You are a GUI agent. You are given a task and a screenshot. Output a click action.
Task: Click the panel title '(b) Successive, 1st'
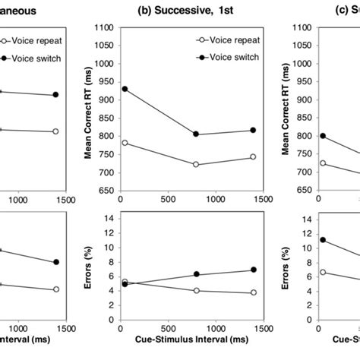pos(190,11)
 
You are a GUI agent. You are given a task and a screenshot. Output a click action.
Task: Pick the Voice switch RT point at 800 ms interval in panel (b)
pos(196,134)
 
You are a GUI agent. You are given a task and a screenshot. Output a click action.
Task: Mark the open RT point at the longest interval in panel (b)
pos(253,156)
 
